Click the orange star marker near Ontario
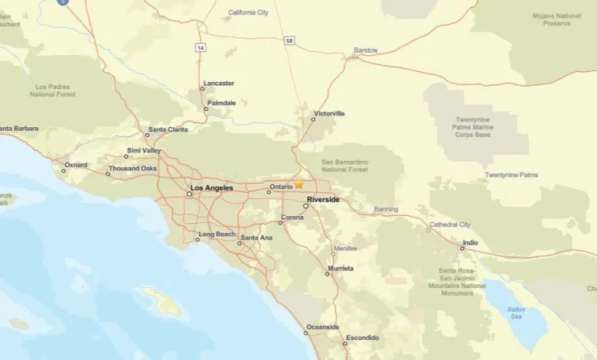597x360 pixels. click(299, 185)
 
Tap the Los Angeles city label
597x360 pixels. click(211, 188)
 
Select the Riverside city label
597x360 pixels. click(323, 200)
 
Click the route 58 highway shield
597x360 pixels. click(287, 40)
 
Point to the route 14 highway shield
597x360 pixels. click(200, 47)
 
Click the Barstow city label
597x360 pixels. click(365, 51)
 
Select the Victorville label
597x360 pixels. click(329, 113)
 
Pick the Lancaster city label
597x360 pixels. click(219, 83)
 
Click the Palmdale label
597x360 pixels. click(221, 103)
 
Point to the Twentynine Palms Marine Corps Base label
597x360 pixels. click(483, 128)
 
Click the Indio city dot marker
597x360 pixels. click(462, 248)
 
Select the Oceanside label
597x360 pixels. click(322, 327)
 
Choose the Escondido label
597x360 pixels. click(362, 338)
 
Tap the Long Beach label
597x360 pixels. click(217, 234)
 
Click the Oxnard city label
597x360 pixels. click(76, 165)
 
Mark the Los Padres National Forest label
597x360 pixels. click(54, 90)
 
